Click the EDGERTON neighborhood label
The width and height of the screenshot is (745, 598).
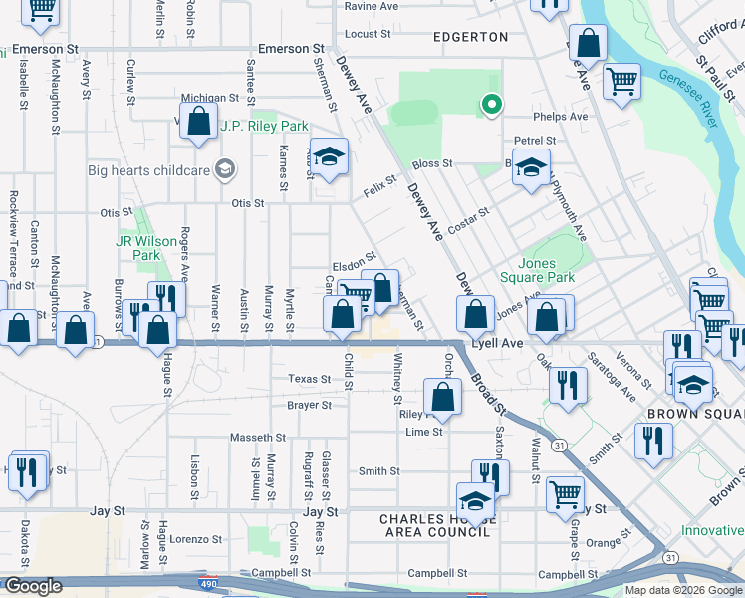pyautogui.click(x=470, y=37)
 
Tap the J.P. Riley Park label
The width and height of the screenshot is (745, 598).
pyautogui.click(x=264, y=127)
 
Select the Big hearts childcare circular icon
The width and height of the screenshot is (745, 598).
pyautogui.click(x=227, y=169)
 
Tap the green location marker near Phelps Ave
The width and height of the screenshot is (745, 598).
pyautogui.click(x=490, y=104)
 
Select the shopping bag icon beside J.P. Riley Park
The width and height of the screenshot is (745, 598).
pyautogui.click(x=199, y=123)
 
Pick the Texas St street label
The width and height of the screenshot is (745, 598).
pyautogui.click(x=309, y=379)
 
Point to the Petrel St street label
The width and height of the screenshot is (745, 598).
pyautogui.click(x=535, y=141)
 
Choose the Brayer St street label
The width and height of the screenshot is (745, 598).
pyautogui.click(x=309, y=406)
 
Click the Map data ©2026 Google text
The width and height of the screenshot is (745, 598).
pyautogui.click(x=682, y=590)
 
